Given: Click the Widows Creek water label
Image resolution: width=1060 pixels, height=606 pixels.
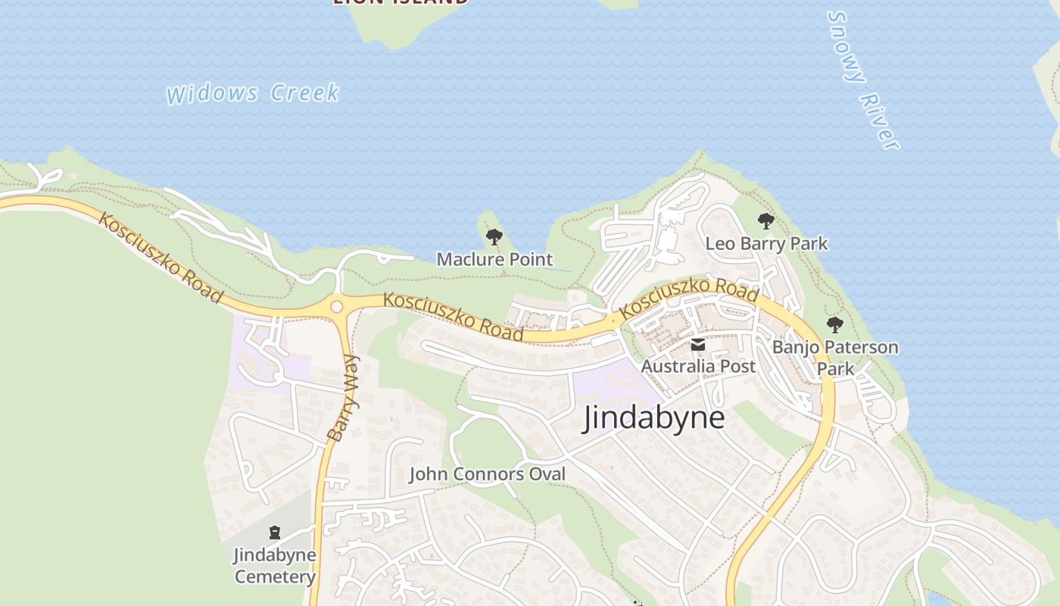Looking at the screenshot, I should pyautogui.click(x=253, y=93).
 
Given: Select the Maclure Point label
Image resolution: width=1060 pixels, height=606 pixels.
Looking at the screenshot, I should pyautogui.click(x=494, y=259).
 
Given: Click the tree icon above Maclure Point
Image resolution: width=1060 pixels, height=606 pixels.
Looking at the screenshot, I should pyautogui.click(x=494, y=237).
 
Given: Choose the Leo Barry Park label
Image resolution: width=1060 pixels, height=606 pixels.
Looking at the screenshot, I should pyautogui.click(x=766, y=243).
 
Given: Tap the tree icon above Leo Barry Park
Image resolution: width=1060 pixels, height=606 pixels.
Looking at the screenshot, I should pyautogui.click(x=766, y=221).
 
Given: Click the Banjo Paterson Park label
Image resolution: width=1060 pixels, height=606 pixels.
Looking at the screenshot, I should pyautogui.click(x=835, y=358).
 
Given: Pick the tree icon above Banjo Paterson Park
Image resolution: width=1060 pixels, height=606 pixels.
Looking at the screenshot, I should pyautogui.click(x=835, y=325).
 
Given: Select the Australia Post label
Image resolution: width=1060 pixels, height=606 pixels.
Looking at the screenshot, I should pyautogui.click(x=698, y=367).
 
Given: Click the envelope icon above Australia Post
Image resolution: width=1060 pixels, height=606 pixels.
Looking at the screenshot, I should pyautogui.click(x=698, y=345).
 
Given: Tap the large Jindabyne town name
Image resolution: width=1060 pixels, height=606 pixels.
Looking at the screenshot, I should pyautogui.click(x=653, y=417).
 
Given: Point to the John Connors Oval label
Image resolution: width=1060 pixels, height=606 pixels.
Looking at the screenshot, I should pyautogui.click(x=487, y=474).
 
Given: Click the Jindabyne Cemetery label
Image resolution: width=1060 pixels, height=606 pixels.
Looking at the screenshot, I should pyautogui.click(x=275, y=565).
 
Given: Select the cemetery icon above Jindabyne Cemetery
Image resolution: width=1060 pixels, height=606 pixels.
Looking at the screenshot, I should pyautogui.click(x=275, y=533).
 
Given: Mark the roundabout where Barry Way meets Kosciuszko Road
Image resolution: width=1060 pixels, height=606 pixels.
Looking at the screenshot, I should pyautogui.click(x=337, y=307).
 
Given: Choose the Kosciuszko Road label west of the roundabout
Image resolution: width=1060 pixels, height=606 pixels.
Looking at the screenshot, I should pyautogui.click(x=161, y=258).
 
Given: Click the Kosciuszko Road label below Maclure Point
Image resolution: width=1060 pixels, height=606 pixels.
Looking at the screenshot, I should pyautogui.click(x=453, y=316).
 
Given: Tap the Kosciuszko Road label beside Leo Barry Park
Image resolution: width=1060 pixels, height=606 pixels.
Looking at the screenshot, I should pyautogui.click(x=688, y=298).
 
